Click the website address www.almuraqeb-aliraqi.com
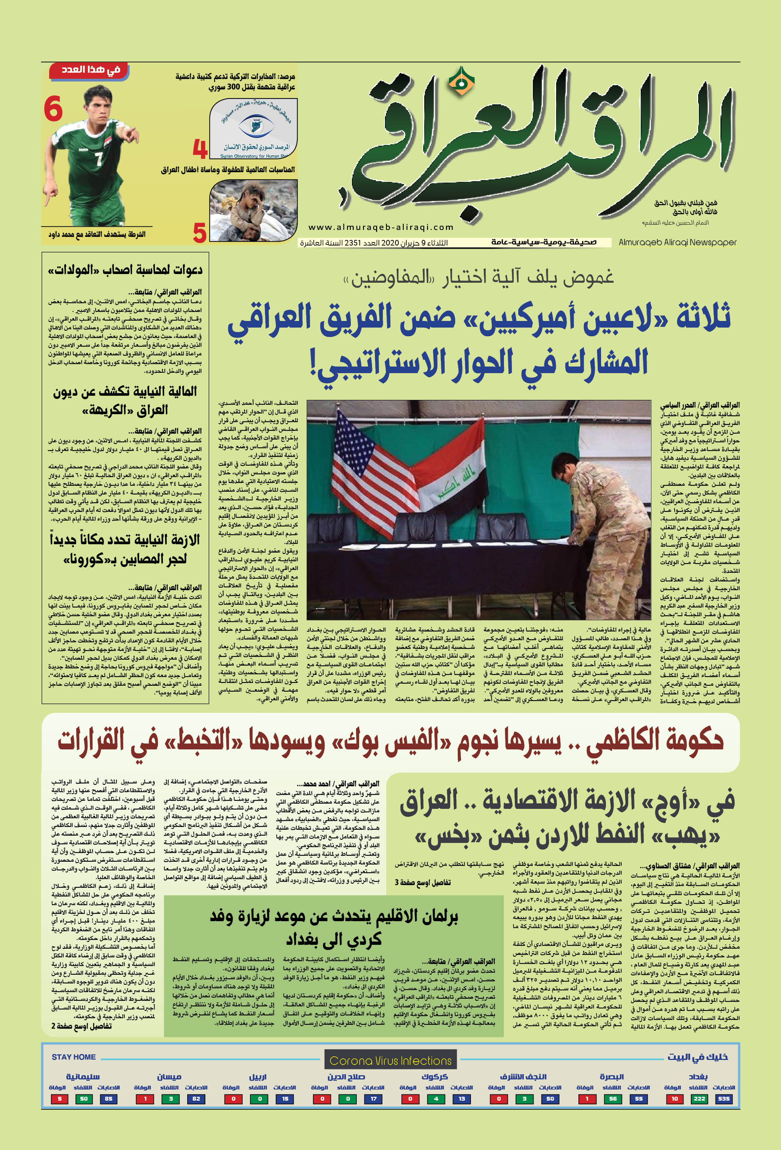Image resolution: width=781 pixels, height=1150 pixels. [x=381, y=227]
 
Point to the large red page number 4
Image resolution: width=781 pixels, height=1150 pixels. [x=200, y=148]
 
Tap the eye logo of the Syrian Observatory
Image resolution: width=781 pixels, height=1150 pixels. [x=255, y=125]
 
